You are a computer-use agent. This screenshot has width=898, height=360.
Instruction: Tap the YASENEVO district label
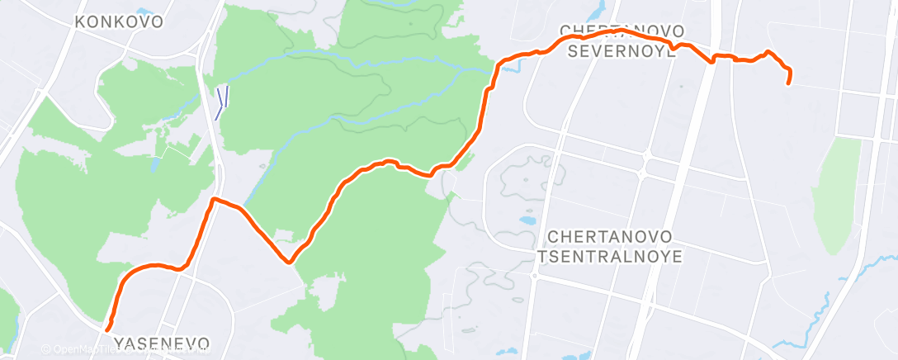coord(161,343)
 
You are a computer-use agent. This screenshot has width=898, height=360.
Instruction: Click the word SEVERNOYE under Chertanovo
coord(624,51)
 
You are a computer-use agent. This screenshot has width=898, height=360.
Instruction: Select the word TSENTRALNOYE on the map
coord(610,256)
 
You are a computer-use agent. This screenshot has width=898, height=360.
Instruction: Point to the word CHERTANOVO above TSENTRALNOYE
coord(611,237)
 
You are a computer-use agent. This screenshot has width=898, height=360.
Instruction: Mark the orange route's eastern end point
coord(789,82)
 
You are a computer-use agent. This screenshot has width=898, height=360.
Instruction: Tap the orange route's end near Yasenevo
coord(108,329)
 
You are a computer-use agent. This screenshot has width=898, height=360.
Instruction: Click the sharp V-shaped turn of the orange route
coord(289,263)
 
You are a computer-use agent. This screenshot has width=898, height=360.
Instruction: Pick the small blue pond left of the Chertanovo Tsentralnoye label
coord(525,221)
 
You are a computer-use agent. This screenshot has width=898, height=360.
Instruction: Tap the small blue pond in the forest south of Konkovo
coord(155,166)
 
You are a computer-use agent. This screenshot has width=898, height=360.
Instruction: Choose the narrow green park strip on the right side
coord(839,194)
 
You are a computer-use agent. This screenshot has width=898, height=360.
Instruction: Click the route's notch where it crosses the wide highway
coord(711,59)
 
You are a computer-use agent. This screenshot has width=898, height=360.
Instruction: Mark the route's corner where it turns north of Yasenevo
coord(214,200)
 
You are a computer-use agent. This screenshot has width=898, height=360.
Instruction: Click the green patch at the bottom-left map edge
coord(7,318)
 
